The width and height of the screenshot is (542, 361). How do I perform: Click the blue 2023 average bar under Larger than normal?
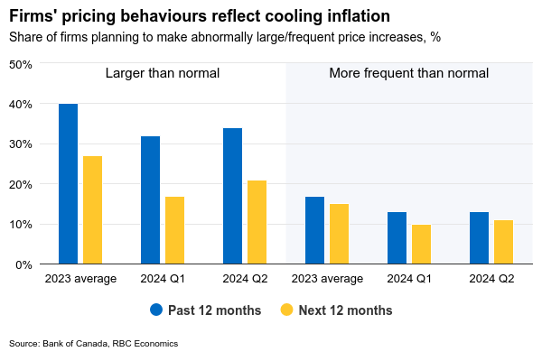tap(68, 184)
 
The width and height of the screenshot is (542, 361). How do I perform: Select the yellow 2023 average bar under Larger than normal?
tap(92, 210)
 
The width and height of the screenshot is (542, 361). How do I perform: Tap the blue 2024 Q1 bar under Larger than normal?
tap(150, 200)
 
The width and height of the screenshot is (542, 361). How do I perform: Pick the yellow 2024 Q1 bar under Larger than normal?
tap(174, 230)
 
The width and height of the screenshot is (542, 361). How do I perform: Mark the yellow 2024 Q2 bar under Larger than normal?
tap(257, 222)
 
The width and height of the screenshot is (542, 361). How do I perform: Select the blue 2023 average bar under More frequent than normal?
tap(314, 230)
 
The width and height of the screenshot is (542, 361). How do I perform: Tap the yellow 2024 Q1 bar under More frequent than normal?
tap(421, 245)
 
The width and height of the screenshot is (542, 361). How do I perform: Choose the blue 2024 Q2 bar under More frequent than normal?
tap(479, 238)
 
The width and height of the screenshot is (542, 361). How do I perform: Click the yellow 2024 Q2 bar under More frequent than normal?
tap(503, 242)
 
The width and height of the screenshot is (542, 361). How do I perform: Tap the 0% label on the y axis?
tap(23, 264)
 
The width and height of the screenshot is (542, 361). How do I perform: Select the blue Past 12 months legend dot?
tap(156, 310)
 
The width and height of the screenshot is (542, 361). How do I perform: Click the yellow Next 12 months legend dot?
tap(287, 310)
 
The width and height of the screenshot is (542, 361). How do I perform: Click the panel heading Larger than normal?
tap(163, 73)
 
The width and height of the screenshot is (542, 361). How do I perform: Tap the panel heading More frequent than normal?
tap(408, 73)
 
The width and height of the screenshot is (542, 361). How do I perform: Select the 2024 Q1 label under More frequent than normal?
tap(409, 279)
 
